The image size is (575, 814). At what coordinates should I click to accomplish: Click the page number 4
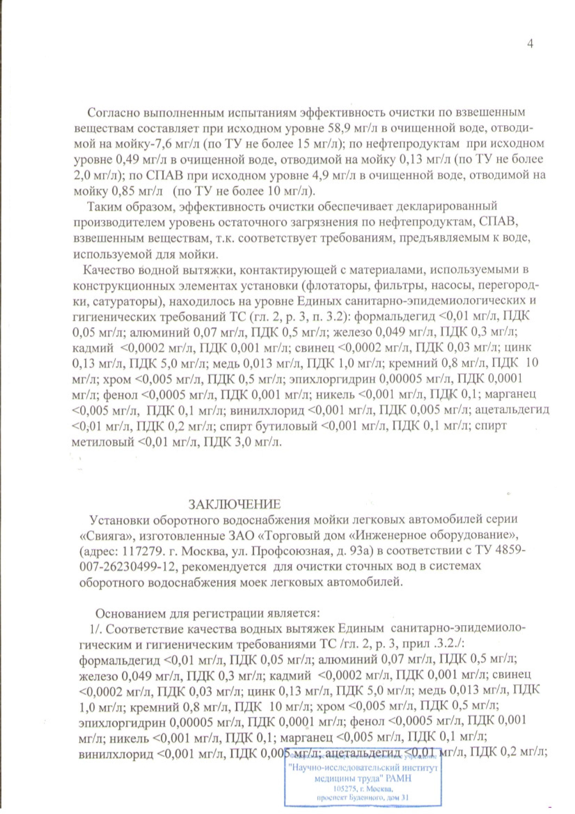pyautogui.click(x=530, y=43)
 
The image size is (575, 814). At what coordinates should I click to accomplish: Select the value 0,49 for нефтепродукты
pyautogui.click(x=129, y=160)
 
